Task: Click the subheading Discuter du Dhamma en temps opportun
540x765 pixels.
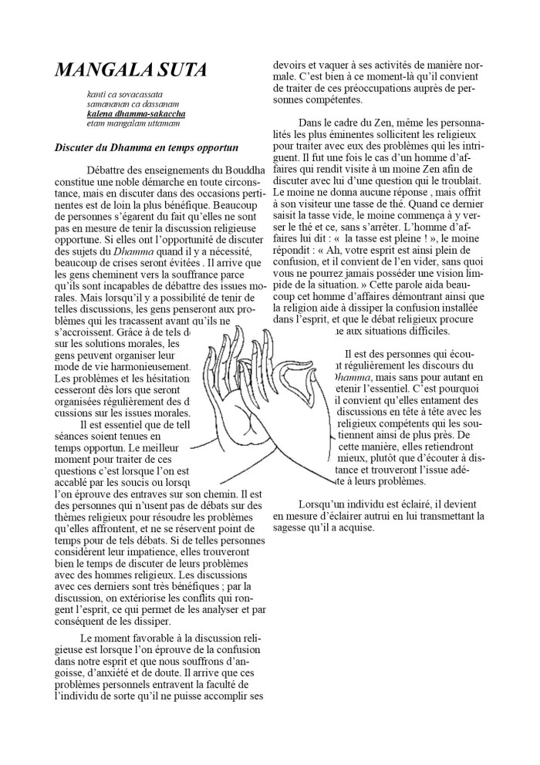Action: click(x=146, y=147)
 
